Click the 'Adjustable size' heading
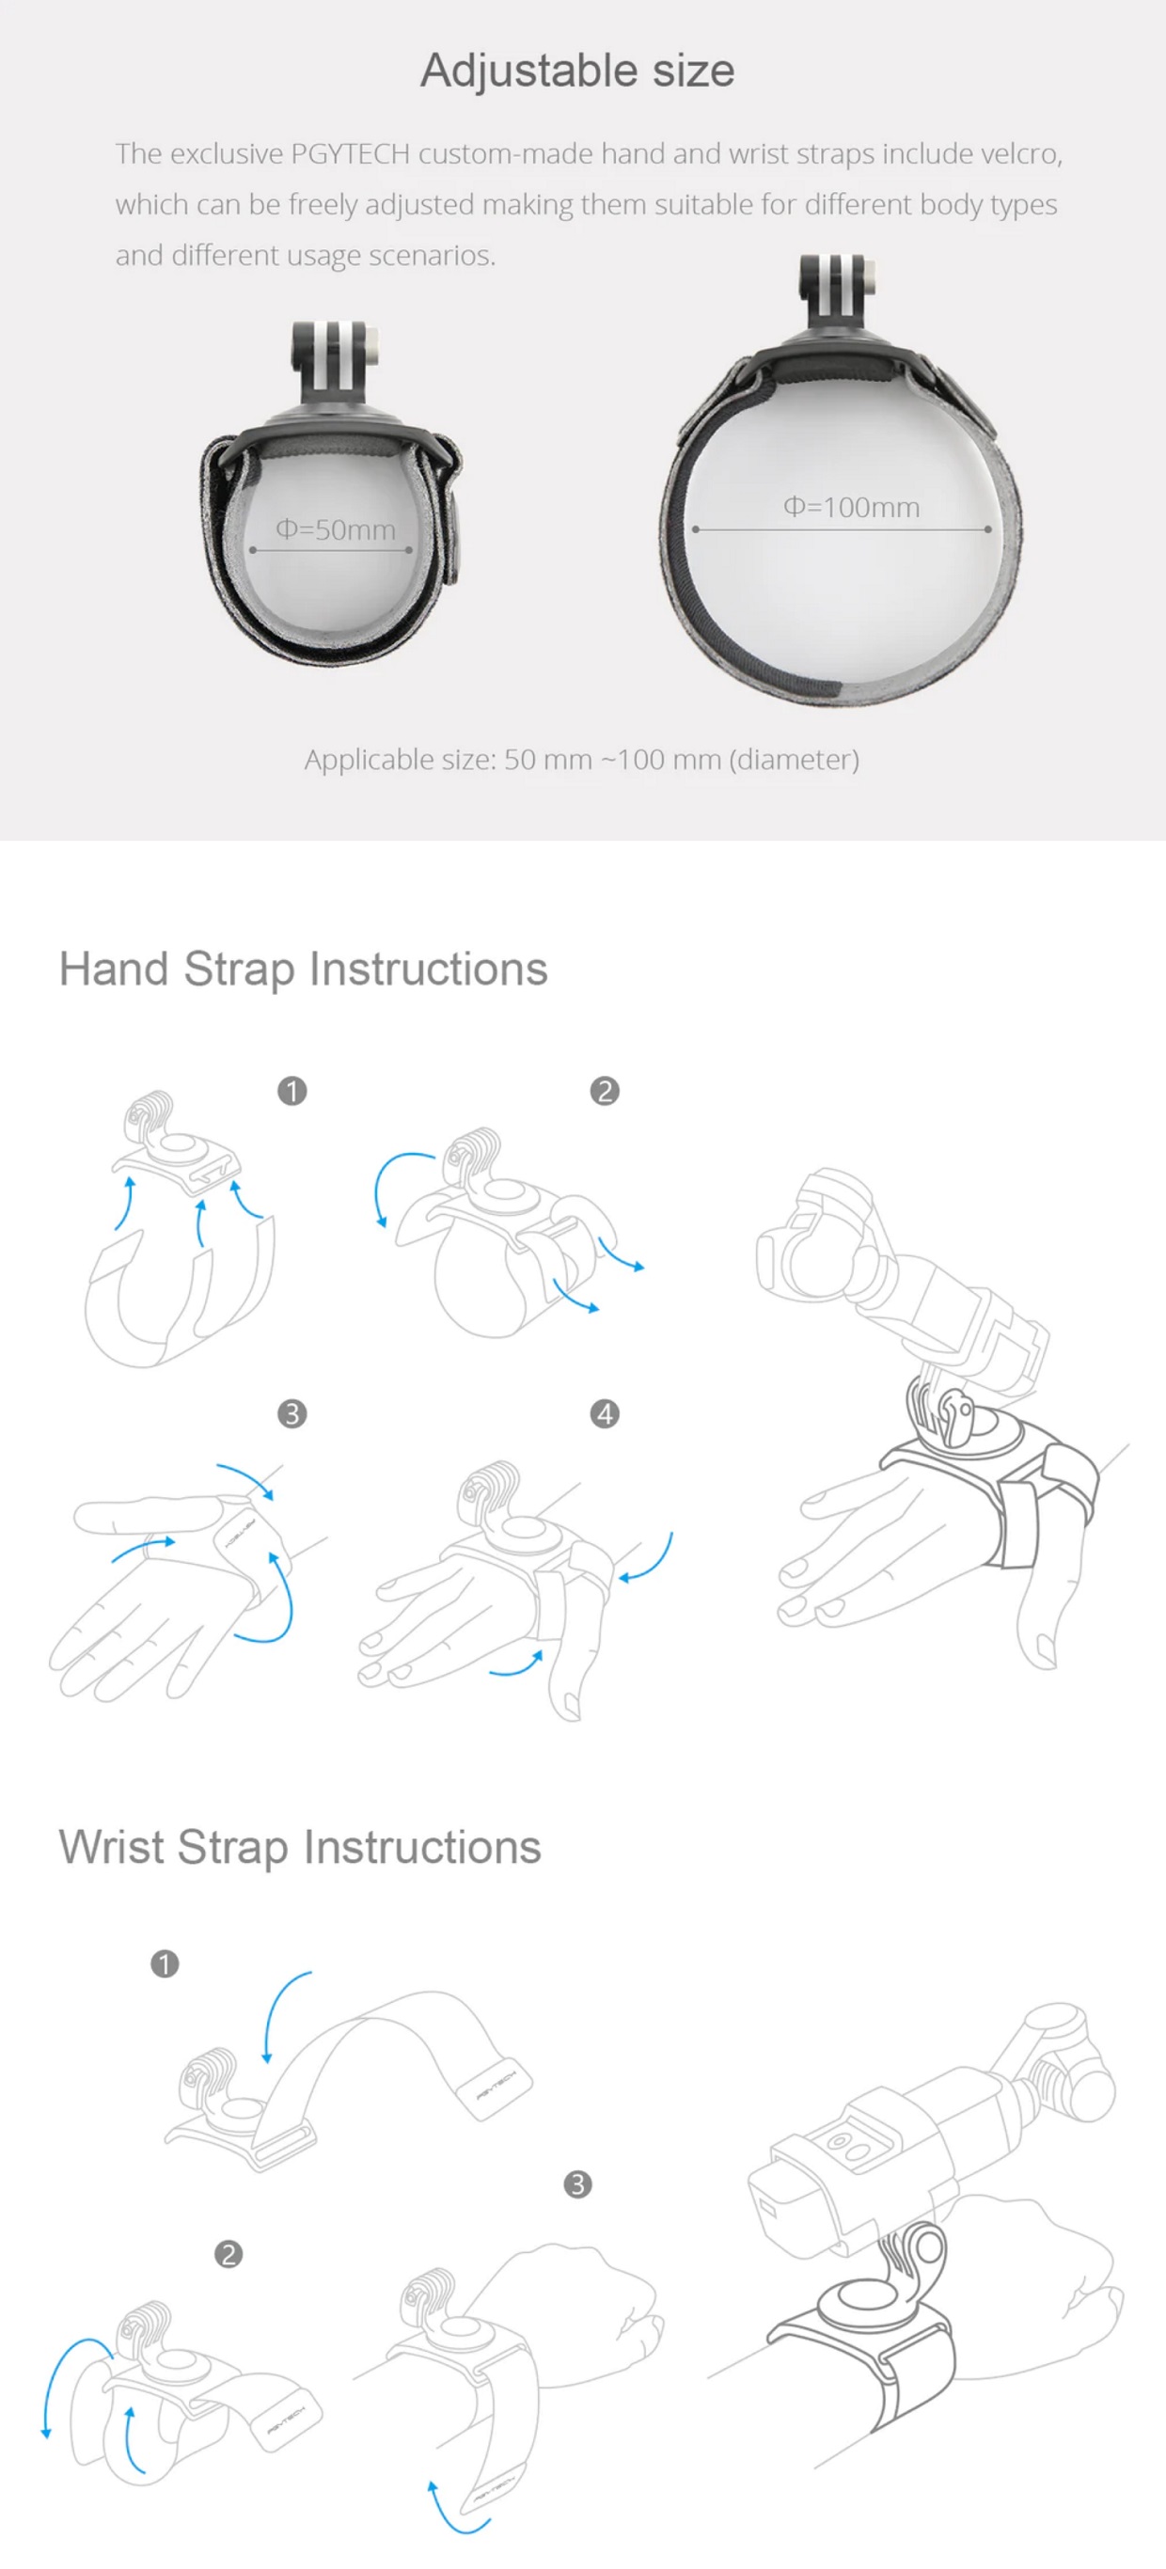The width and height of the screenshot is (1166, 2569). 577,71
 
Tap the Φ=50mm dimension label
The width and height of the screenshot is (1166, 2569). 335,529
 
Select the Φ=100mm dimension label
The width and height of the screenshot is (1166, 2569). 851,507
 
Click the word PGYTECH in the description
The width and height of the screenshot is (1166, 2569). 350,153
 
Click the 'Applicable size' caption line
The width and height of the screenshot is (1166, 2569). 581,760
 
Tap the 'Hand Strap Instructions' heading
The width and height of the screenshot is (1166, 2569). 303,969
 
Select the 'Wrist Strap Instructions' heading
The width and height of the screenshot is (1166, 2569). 300,1848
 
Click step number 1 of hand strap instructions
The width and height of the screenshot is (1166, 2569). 292,1091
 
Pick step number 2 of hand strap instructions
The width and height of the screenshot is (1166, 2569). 605,1091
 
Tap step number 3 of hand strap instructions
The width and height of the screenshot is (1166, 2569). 292,1413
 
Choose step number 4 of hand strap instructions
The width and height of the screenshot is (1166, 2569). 605,1413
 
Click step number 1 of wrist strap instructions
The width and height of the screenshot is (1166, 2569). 165,1963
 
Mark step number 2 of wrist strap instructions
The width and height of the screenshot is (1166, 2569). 228,2254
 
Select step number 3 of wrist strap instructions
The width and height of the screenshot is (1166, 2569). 577,2184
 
